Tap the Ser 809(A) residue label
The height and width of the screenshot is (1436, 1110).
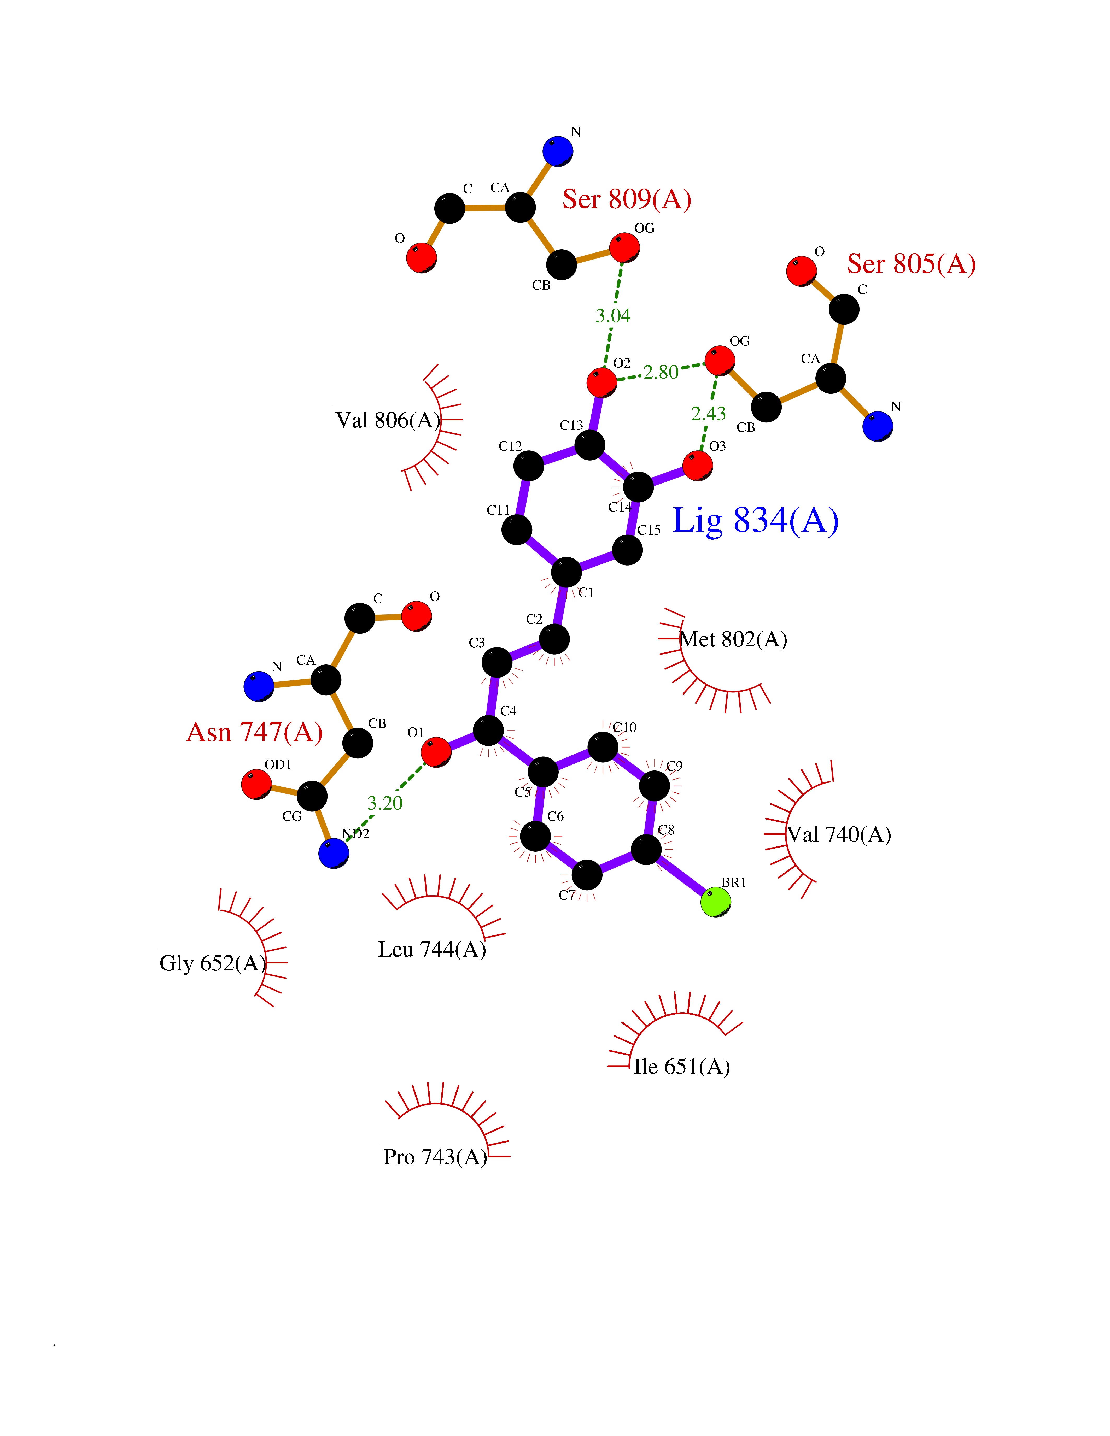(627, 199)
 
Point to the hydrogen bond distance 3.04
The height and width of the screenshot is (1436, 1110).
(613, 316)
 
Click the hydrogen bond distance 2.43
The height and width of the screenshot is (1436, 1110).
(708, 414)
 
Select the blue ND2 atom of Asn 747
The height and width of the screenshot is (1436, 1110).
(334, 854)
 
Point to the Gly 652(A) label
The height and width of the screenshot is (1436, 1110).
(212, 963)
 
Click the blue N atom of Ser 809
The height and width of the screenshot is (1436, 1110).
(558, 151)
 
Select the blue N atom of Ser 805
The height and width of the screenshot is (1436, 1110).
(877, 426)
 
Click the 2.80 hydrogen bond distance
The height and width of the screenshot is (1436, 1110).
(661, 372)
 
